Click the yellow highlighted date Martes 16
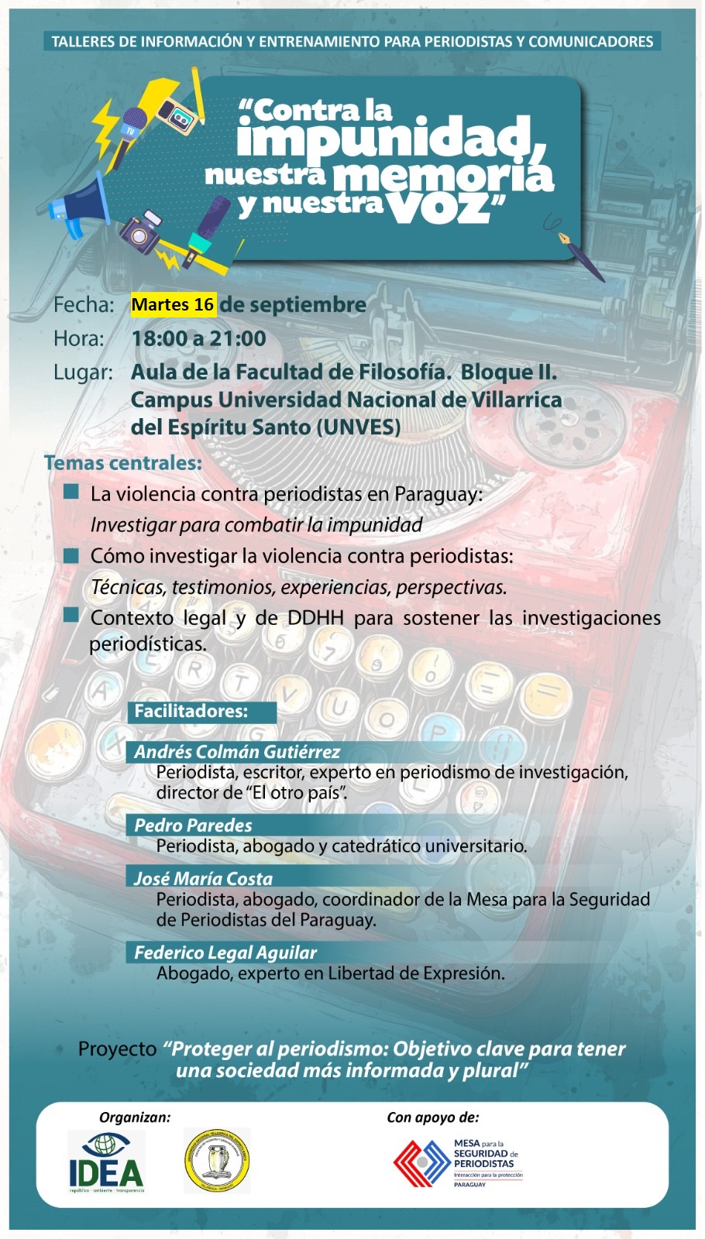[x=173, y=305]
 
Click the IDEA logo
[x=106, y=1161]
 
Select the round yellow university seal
[x=217, y=1160]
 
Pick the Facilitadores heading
[x=191, y=712]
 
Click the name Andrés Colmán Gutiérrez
[x=237, y=752]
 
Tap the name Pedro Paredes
[x=193, y=825]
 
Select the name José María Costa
[x=203, y=879]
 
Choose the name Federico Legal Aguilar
[x=225, y=953]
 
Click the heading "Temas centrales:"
[x=123, y=463]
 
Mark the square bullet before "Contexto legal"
[x=72, y=616]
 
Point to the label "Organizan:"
[x=135, y=1117]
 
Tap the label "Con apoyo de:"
[x=433, y=1117]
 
